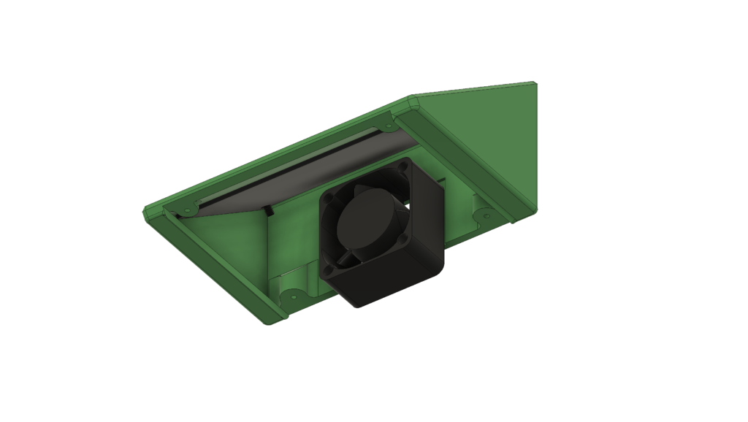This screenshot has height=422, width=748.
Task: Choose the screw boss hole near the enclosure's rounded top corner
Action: coord(389,126)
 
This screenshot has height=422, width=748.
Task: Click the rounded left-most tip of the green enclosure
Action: coord(145,212)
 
